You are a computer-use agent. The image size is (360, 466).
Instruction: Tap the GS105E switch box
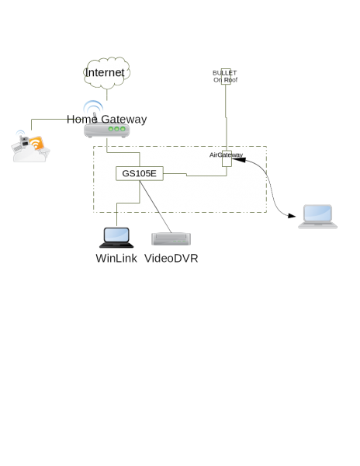(140, 173)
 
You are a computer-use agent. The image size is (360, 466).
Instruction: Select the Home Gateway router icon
(107, 130)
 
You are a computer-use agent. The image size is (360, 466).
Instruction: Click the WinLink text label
(116, 259)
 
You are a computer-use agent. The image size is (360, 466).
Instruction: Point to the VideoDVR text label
(171, 259)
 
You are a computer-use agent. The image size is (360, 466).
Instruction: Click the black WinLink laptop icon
(116, 238)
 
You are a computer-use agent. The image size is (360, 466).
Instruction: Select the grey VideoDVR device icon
(171, 239)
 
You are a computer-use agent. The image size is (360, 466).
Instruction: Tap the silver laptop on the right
(317, 217)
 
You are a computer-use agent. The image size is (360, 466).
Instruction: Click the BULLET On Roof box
(226, 76)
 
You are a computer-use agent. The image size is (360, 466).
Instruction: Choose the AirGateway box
(227, 158)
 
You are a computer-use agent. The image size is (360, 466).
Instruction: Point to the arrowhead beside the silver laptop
(292, 216)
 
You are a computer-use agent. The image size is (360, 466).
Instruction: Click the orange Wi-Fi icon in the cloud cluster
(36, 143)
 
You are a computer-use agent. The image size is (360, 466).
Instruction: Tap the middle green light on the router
(116, 129)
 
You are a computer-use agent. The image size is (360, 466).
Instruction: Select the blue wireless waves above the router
(93, 106)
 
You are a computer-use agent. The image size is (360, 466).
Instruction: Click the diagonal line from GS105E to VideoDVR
(155, 207)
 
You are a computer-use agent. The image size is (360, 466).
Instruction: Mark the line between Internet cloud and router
(107, 95)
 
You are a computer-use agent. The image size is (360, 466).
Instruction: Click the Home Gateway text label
(107, 119)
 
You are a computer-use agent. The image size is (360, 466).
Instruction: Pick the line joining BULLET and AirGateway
(226, 118)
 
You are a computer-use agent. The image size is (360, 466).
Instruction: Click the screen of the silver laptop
(317, 213)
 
